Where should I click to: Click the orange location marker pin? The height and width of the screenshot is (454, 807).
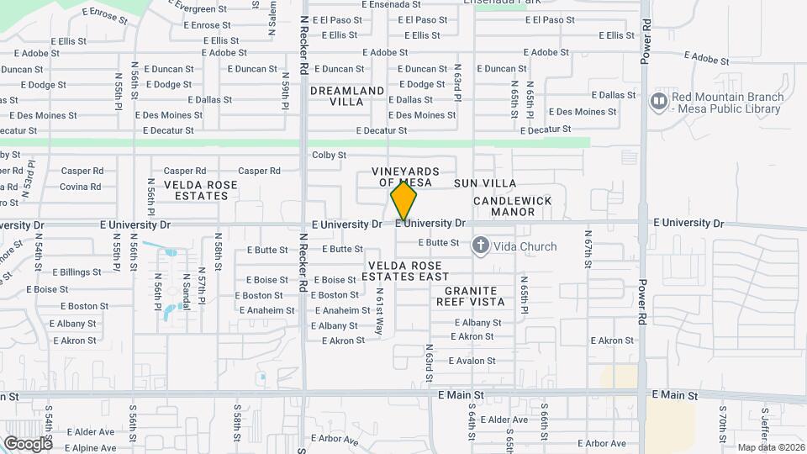pyautogui.click(x=403, y=202)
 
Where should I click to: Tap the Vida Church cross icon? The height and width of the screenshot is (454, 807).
pyautogui.click(x=481, y=246)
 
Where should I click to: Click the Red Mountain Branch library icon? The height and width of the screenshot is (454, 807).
pyautogui.click(x=659, y=101)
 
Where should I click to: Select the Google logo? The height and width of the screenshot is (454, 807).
pyautogui.click(x=28, y=443)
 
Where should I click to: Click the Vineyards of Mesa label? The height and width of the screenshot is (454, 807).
pyautogui.click(x=405, y=177)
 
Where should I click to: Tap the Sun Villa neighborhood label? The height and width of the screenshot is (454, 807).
pyautogui.click(x=485, y=183)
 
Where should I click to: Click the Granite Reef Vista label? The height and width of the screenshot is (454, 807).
pyautogui.click(x=469, y=296)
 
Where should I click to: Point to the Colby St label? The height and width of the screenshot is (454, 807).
pyautogui.click(x=329, y=155)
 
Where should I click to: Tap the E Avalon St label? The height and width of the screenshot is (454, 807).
pyautogui.click(x=472, y=361)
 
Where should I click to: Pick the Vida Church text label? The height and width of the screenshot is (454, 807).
pyautogui.click(x=525, y=246)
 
